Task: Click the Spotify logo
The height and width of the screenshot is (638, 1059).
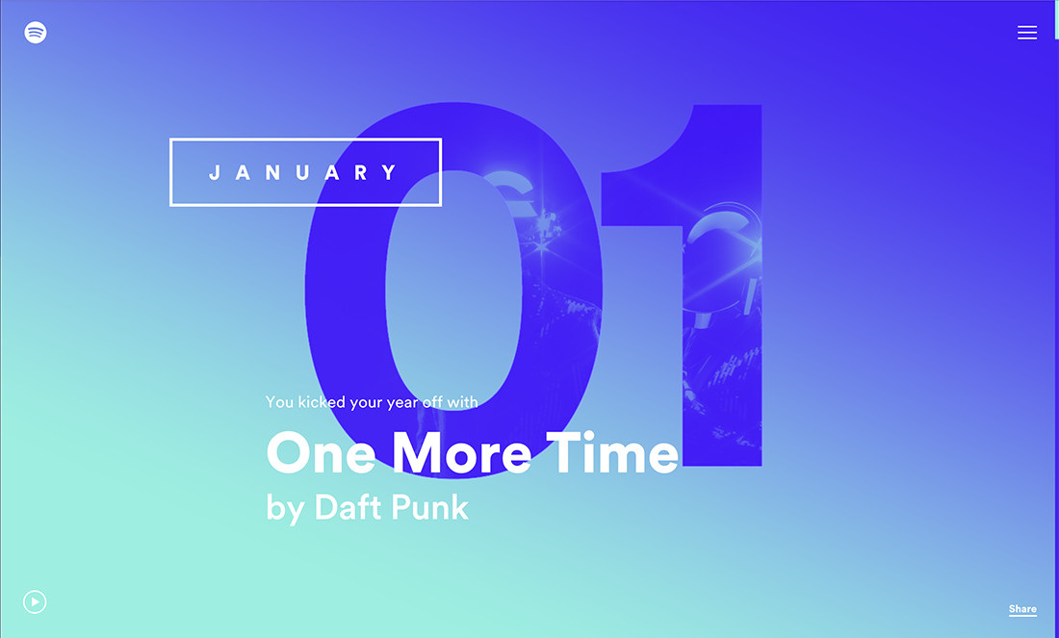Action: click(36, 33)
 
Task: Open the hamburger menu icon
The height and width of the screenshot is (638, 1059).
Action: click(1027, 33)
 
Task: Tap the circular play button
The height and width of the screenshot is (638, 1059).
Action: click(35, 602)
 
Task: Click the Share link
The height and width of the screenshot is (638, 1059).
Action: click(1022, 609)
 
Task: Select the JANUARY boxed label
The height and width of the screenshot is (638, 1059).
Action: click(305, 172)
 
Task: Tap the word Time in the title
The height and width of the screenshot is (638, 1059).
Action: click(612, 452)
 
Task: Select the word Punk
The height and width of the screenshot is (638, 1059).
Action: click(433, 506)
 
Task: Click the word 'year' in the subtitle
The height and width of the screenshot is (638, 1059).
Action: click(401, 403)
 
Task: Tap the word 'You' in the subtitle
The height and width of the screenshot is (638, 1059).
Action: click(279, 401)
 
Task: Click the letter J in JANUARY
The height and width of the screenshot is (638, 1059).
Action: click(216, 173)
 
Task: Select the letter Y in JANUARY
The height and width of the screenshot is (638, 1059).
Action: click(390, 173)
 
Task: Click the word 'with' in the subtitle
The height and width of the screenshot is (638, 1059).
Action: click(462, 401)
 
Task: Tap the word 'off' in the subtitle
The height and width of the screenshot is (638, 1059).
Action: click(432, 401)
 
